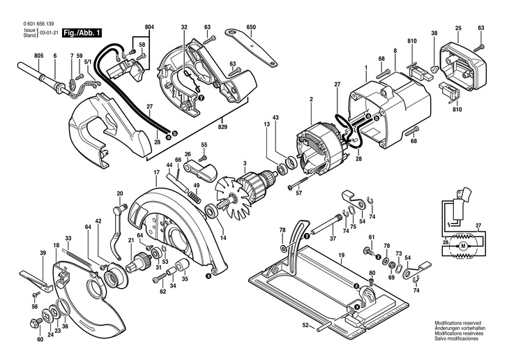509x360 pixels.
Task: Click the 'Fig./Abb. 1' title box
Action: coord(82,33)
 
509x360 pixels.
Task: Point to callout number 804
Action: coord(149,27)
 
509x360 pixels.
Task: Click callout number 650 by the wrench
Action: coord(251,27)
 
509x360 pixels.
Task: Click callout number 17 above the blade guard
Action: coord(157,172)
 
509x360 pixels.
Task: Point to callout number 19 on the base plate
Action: coord(342,257)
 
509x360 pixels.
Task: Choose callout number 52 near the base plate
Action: coord(305,325)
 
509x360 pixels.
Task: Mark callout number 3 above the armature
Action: coord(245,164)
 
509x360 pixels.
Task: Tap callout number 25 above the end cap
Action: coord(458,27)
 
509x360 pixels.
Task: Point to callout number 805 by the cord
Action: coord(38,55)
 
